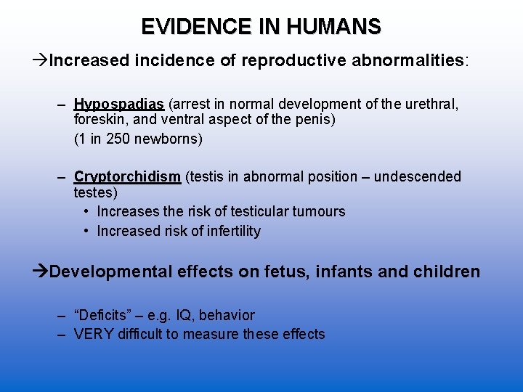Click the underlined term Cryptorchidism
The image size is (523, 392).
coord(127,177)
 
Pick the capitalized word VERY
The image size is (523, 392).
coord(91,334)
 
